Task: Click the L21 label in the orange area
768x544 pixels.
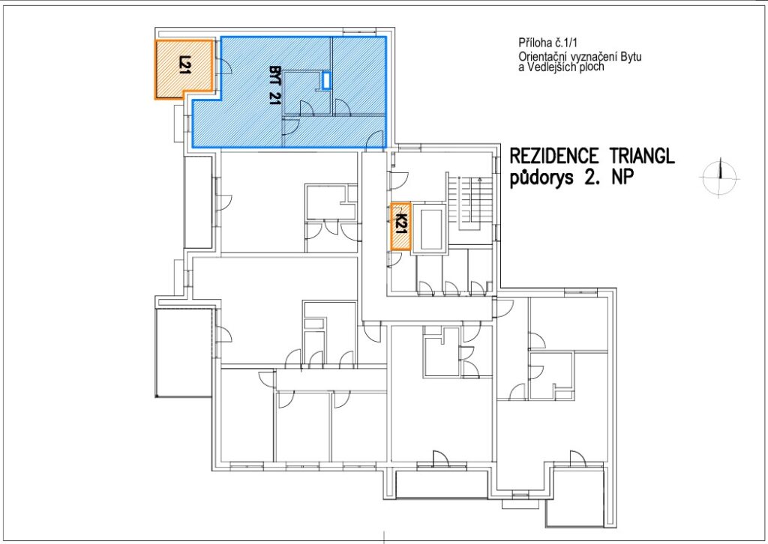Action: [184, 65]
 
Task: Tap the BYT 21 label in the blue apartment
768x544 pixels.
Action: [274, 85]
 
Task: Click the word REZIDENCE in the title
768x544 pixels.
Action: [553, 156]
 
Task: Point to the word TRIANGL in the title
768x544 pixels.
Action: [643, 156]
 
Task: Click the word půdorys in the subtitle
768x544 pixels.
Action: [541, 178]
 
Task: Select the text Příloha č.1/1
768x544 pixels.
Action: [544, 43]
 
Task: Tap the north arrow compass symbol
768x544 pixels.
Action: [719, 178]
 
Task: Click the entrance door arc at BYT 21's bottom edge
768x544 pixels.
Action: [376, 139]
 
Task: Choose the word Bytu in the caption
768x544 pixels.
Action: [631, 57]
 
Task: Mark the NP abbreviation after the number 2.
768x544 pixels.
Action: [622, 178]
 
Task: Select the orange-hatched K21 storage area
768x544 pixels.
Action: [400, 226]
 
